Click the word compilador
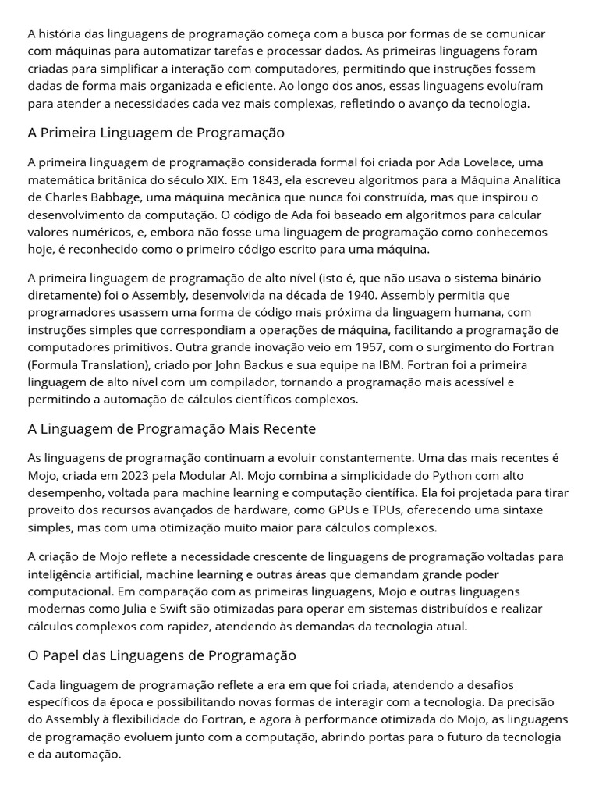216,382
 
